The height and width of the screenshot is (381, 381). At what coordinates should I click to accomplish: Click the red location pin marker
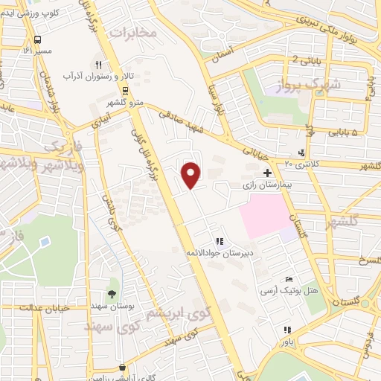192,174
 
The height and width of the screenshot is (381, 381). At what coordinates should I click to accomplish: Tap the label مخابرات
133,33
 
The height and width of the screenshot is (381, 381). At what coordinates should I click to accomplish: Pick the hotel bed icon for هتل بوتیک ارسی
289,279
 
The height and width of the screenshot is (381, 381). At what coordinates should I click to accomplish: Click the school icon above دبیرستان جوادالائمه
219,241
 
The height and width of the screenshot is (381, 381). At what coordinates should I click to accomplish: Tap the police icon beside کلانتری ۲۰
301,153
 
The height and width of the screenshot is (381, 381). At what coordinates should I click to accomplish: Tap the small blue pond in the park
45,243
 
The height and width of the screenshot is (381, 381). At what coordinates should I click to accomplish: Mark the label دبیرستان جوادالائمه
218,253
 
